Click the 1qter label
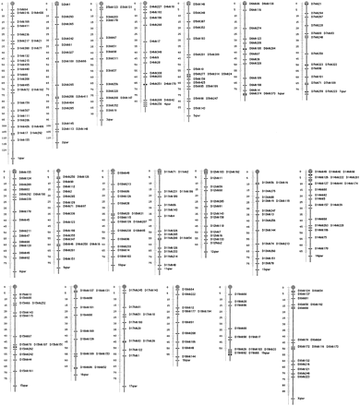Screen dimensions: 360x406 pos(18,158)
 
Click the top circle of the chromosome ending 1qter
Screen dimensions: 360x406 pos(11,4)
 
